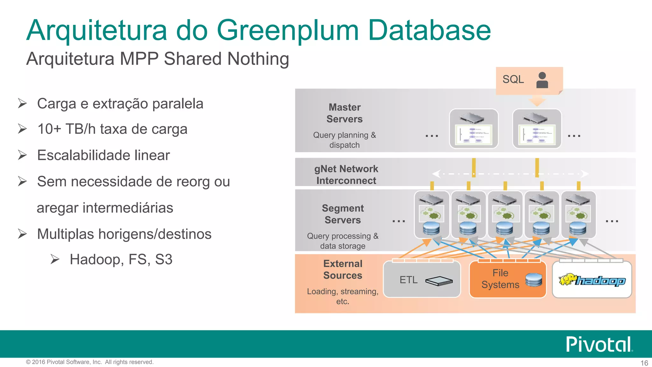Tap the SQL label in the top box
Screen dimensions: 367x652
coord(513,79)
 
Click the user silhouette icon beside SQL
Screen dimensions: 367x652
coord(542,80)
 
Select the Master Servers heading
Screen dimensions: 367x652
coord(344,113)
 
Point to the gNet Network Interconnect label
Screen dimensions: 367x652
coord(346,175)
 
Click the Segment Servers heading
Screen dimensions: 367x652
coord(343,214)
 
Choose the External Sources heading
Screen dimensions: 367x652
coord(343,270)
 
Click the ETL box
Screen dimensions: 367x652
coord(422,280)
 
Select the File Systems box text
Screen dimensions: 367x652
coord(500,279)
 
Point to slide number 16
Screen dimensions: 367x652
coord(644,363)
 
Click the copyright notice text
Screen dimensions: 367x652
coord(89,362)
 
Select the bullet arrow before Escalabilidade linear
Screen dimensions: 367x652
coord(22,155)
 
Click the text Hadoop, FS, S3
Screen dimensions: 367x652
coord(121,259)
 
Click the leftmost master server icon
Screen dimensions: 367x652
coord(473,129)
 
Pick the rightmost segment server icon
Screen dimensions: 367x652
coord(578,214)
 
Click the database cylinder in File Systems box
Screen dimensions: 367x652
coord(534,280)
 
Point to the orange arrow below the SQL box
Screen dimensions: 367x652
coord(537,102)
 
